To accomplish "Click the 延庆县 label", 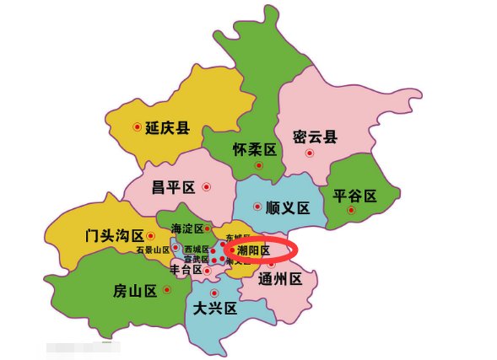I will tap(167, 128).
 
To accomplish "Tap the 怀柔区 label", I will tap(256, 149).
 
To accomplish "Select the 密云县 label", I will tap(314, 137).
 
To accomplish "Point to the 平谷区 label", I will tap(354, 196).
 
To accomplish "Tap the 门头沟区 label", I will tap(114, 236).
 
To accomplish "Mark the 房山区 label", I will tap(135, 292).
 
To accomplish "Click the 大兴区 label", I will tap(215, 308).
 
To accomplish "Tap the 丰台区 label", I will tap(186, 271).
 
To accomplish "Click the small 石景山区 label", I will tap(153, 250).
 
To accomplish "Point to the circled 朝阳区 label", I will tap(253, 250).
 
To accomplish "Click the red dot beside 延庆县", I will tap(137, 127).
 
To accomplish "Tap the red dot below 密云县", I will tap(310, 153).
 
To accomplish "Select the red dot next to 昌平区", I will tap(206, 186).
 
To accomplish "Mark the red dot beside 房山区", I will tap(167, 290).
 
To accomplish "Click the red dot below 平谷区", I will tap(350, 210).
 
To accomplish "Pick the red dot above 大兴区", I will tap(214, 293).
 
